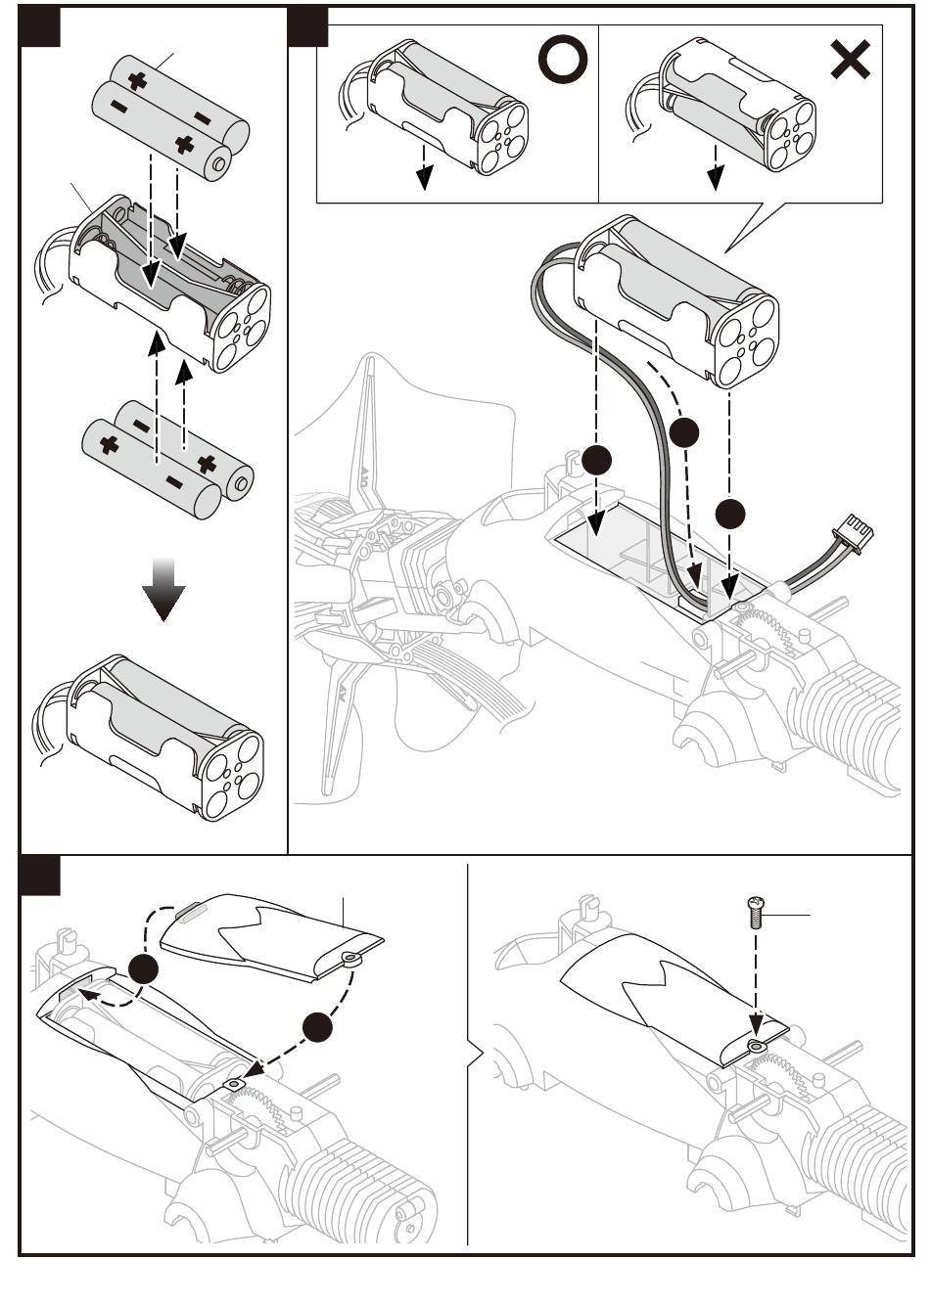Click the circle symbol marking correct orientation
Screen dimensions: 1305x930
coord(563,61)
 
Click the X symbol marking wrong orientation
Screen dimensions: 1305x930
coord(850,61)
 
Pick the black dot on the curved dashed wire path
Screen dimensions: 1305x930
coord(685,431)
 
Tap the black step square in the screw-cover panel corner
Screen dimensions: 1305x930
coord(40,876)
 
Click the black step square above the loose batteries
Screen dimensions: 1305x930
coord(40,26)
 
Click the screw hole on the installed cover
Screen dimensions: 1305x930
coord(756,1046)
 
